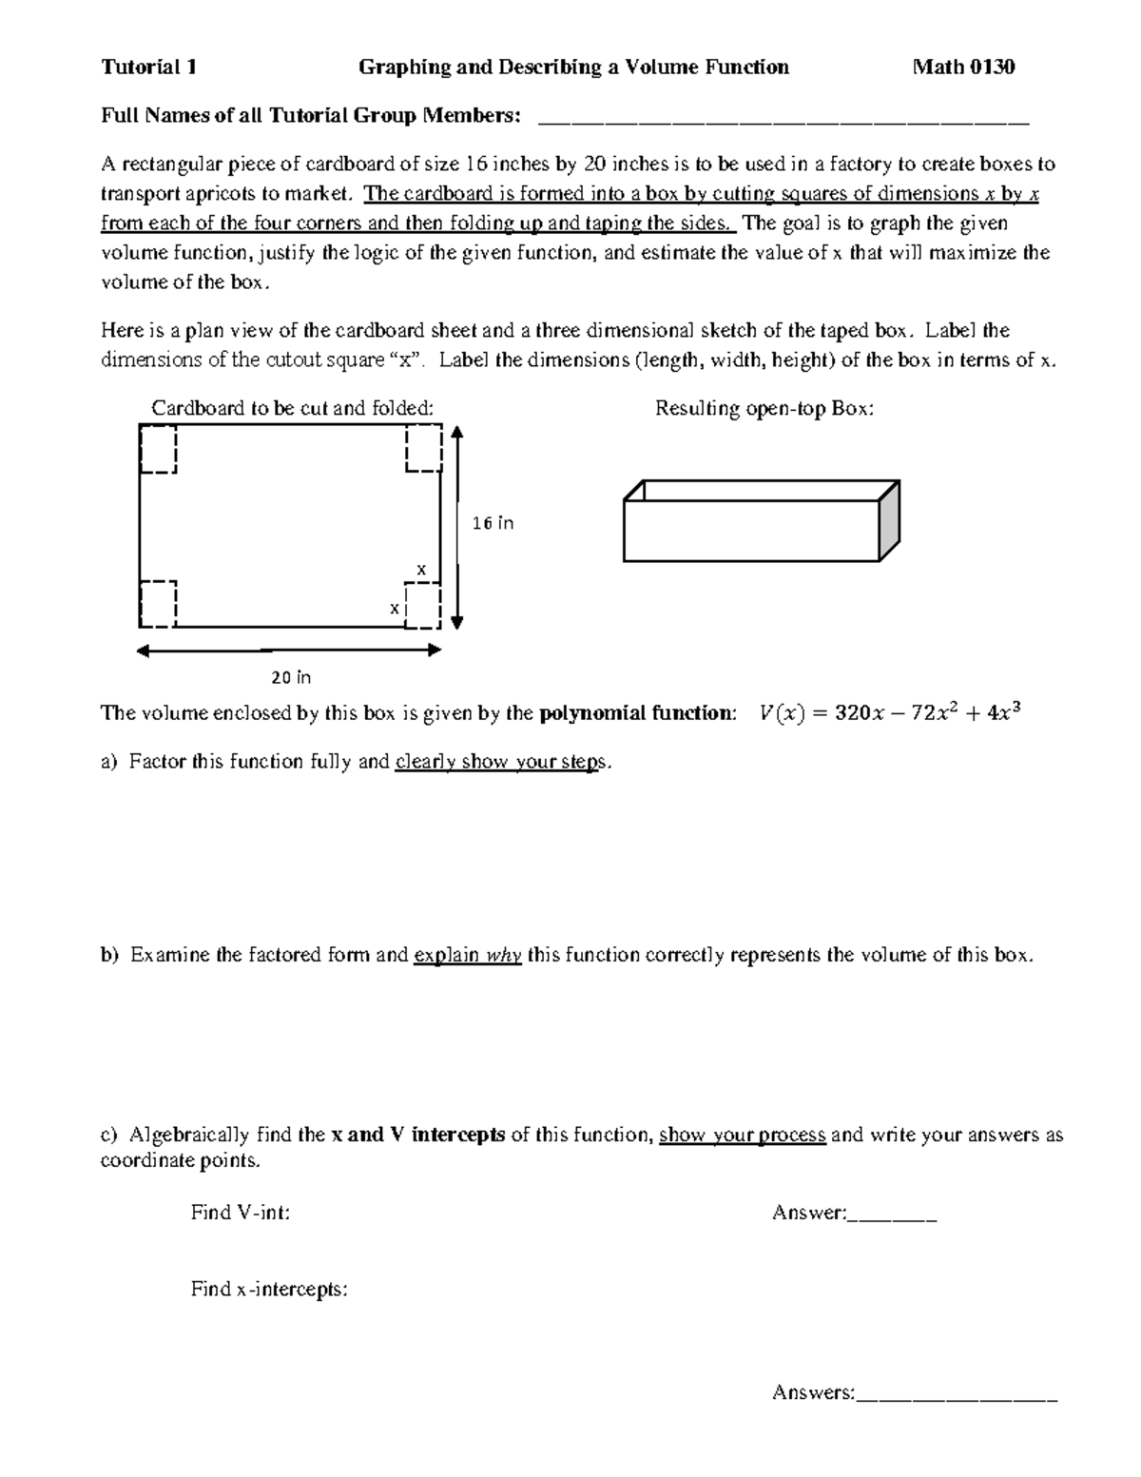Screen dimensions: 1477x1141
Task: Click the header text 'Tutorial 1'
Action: click(x=149, y=67)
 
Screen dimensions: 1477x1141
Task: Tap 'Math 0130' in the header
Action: click(x=963, y=67)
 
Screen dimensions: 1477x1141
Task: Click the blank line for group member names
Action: click(x=783, y=120)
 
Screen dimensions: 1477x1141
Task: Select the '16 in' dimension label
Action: click(x=493, y=523)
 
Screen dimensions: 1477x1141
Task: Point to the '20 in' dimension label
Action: click(x=291, y=678)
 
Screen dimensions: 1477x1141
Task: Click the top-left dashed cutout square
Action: click(x=158, y=449)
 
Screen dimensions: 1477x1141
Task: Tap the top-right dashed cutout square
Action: click(x=423, y=448)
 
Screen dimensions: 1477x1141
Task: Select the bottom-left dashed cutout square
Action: click(x=158, y=604)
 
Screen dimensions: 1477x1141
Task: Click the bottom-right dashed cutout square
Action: click(x=422, y=605)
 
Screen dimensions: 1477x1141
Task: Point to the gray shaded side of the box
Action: click(x=889, y=521)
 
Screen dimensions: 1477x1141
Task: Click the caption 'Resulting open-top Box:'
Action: click(x=764, y=409)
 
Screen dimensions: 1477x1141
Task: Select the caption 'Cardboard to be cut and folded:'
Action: click(x=292, y=409)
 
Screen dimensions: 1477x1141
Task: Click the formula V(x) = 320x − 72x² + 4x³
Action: click(x=890, y=713)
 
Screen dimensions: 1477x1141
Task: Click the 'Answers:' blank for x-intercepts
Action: click(x=957, y=1394)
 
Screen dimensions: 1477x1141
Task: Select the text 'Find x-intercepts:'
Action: click(x=269, y=1290)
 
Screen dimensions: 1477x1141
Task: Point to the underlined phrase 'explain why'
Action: click(x=468, y=955)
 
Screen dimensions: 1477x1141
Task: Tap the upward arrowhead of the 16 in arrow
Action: click(x=457, y=433)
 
